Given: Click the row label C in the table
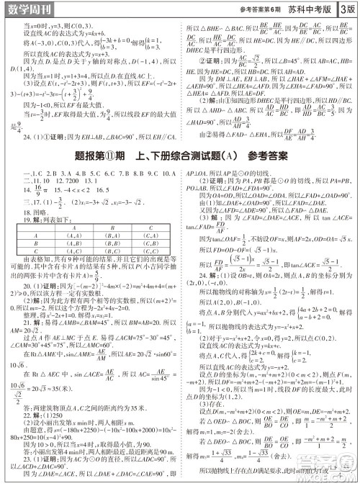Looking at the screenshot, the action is point(36,251).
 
